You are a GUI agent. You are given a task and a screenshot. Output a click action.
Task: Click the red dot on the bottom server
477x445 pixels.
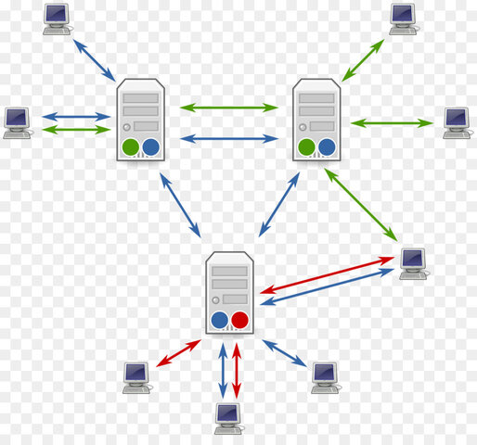click(x=240, y=321)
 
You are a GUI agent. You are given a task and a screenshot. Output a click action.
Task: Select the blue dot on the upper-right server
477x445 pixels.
click(x=327, y=146)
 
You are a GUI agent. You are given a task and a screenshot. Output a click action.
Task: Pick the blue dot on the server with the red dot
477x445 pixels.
click(x=220, y=321)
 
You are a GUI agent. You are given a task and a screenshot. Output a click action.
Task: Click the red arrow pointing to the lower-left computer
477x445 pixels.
click(x=179, y=353)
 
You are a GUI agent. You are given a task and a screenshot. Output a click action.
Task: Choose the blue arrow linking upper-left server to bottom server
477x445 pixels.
click(x=180, y=205)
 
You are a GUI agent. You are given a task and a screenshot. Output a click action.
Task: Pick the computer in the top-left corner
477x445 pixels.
click(x=57, y=18)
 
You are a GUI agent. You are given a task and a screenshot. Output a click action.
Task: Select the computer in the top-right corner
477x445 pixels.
click(x=402, y=18)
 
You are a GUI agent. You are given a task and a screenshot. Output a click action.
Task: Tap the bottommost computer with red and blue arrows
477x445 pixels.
click(x=228, y=418)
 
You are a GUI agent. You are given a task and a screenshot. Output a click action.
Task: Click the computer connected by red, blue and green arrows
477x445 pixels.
click(x=412, y=262)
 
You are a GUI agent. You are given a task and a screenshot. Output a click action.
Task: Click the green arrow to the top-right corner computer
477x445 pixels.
click(x=362, y=59)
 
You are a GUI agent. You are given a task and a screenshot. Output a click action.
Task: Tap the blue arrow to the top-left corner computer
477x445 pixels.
click(x=96, y=59)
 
